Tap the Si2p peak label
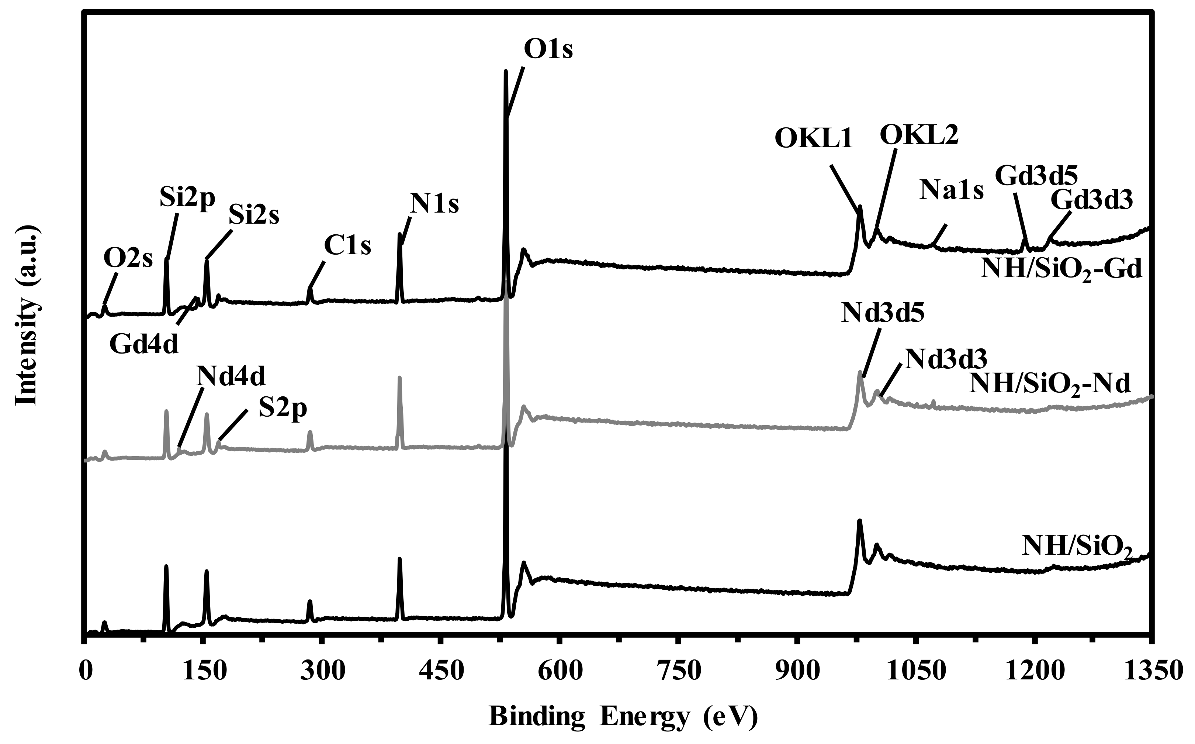187,199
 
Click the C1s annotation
347,245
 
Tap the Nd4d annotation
231,376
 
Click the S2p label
283,409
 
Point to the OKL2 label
919,135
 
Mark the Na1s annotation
952,190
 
